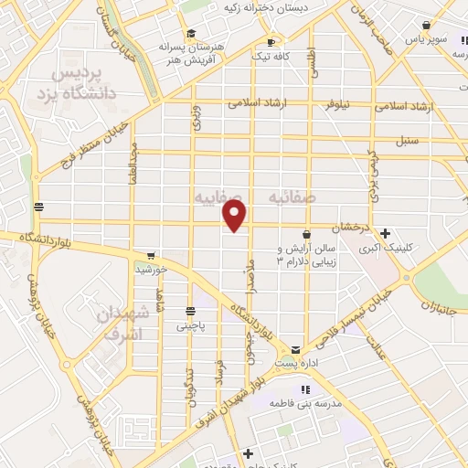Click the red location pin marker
pos(235,216)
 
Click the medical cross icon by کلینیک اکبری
pos(386,233)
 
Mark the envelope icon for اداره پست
pos(295,350)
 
